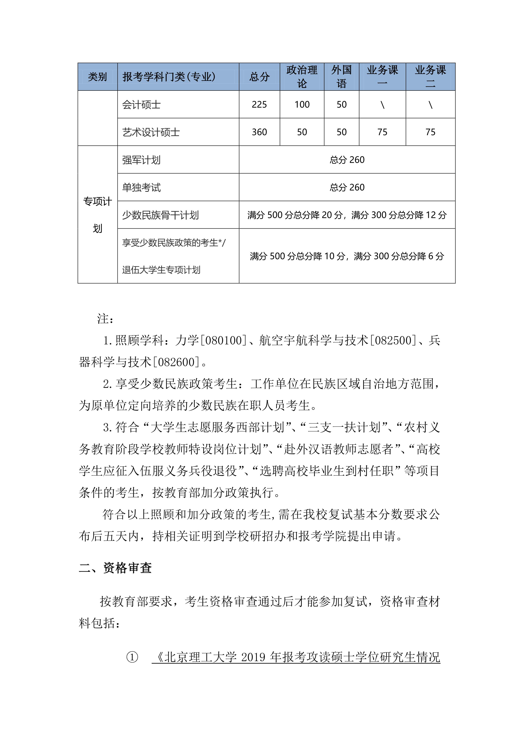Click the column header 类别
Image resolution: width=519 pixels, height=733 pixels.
click(x=97, y=77)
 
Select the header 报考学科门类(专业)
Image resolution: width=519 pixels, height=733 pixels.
click(x=169, y=77)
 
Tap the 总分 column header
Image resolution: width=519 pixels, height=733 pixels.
click(x=259, y=77)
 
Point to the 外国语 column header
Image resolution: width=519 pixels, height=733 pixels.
click(x=341, y=77)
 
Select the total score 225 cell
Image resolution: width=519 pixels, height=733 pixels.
click(x=259, y=105)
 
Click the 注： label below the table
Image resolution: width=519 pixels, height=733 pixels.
click(x=105, y=319)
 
